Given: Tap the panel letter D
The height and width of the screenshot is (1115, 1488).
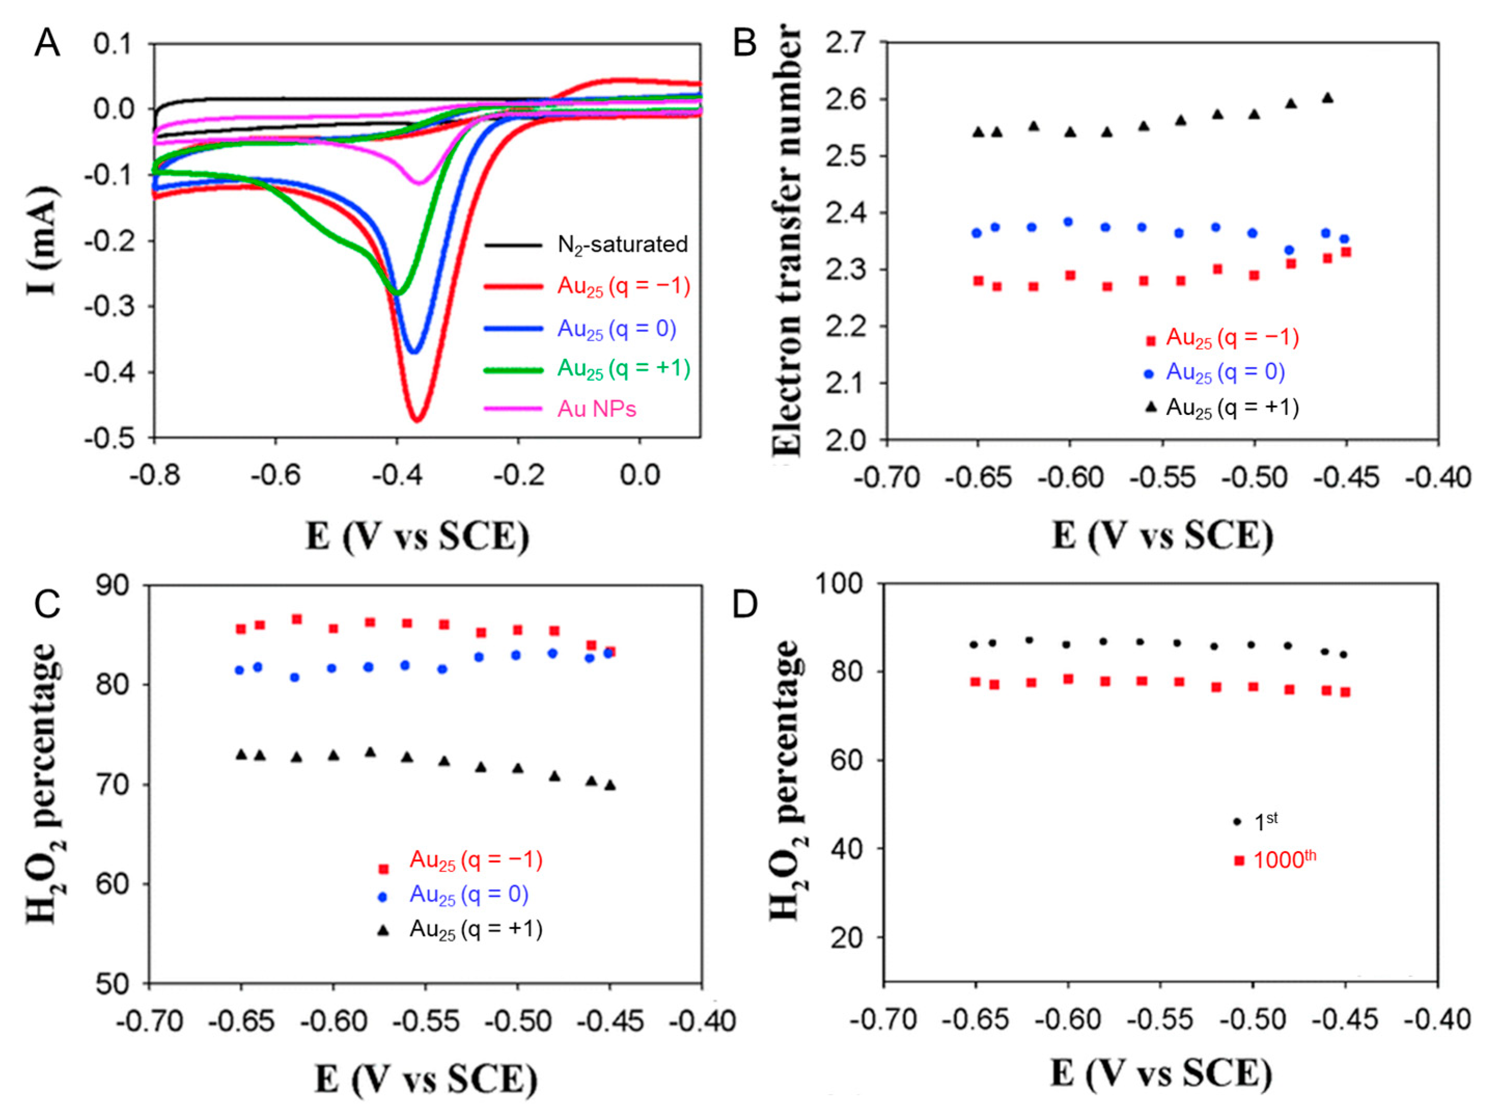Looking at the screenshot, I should [745, 604].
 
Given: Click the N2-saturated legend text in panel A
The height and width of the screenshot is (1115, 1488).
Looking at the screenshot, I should [622, 244].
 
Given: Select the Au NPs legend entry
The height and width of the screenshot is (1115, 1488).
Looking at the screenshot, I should [597, 409].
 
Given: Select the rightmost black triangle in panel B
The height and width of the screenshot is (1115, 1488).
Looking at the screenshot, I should [1327, 97].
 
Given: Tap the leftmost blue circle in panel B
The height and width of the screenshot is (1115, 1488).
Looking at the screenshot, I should [977, 233].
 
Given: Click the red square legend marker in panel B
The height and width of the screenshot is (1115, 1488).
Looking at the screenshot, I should [1151, 341].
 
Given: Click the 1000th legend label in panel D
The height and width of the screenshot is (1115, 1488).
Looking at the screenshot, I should [1284, 860].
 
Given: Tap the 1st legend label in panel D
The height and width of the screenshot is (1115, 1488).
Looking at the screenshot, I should [1266, 821].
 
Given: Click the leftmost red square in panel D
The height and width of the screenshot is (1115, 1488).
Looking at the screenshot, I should [975, 681].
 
